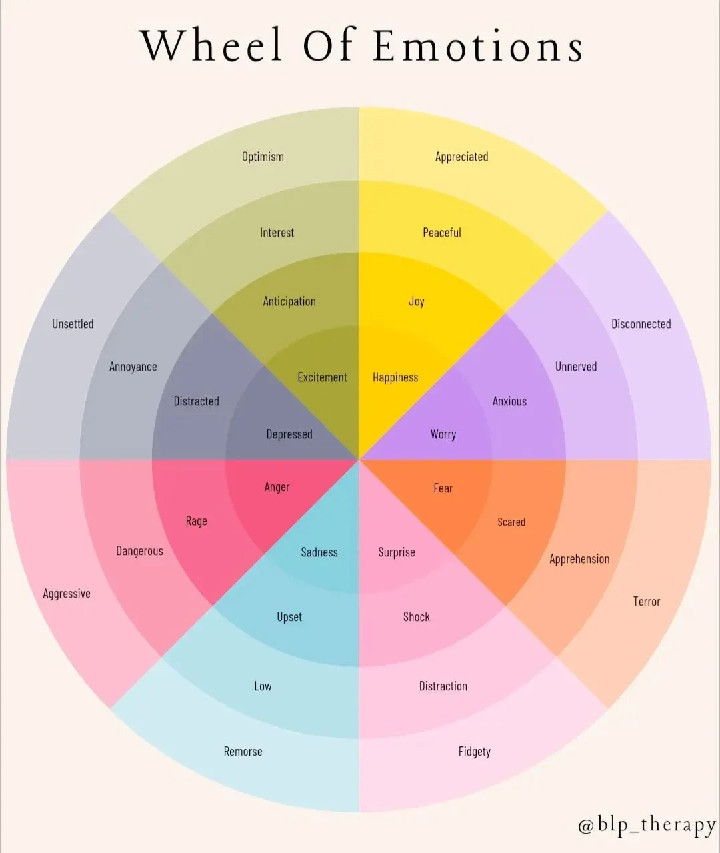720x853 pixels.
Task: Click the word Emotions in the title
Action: tap(478, 47)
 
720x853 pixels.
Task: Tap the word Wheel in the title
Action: tap(212, 47)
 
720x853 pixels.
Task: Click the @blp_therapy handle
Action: tap(646, 825)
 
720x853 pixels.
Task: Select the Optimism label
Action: tap(263, 157)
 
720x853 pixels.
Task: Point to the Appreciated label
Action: tap(461, 157)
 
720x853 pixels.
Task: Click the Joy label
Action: tap(417, 301)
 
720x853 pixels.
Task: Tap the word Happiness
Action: tap(395, 377)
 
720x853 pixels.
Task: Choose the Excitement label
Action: tap(322, 377)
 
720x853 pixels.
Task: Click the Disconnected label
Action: tap(641, 324)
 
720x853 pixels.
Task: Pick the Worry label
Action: tap(443, 434)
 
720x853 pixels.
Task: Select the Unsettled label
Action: tap(73, 324)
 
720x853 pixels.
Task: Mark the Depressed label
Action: tap(289, 434)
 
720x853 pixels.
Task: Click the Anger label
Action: tap(277, 487)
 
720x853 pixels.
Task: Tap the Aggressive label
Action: tap(67, 594)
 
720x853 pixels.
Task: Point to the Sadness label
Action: tap(319, 552)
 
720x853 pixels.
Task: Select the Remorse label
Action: tap(243, 752)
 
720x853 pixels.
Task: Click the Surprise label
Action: tap(396, 552)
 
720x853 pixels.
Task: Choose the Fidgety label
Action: tap(474, 752)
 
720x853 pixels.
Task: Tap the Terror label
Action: tap(646, 602)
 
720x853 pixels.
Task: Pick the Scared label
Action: tap(511, 522)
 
